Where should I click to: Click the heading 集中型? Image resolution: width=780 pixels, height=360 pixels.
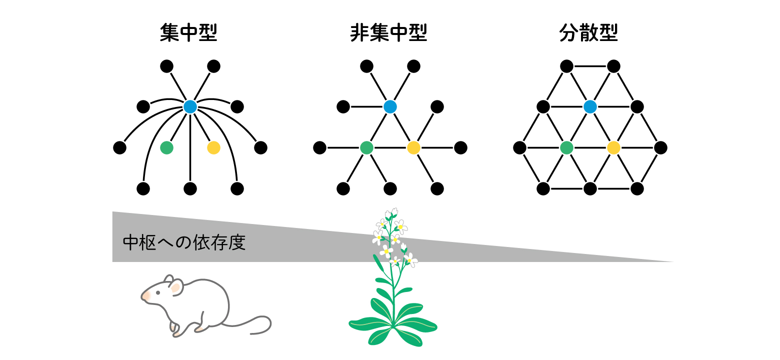(x=188, y=33)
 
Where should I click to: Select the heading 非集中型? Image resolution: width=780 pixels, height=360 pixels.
(x=388, y=33)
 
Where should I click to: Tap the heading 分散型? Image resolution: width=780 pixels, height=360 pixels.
(x=588, y=33)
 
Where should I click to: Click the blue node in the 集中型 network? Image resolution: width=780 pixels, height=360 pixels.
(x=190, y=106)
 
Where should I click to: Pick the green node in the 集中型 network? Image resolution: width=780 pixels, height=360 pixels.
(x=166, y=147)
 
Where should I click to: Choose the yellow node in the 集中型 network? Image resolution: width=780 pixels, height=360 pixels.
(x=213, y=147)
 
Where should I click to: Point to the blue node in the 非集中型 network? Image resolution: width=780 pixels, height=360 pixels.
(x=390, y=106)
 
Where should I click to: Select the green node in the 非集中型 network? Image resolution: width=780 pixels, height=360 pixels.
(x=366, y=147)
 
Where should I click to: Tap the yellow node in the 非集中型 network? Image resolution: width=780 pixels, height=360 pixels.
(x=413, y=147)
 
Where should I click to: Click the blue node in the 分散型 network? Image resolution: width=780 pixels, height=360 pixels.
(x=590, y=106)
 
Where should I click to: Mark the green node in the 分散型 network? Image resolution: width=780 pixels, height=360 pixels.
(x=566, y=147)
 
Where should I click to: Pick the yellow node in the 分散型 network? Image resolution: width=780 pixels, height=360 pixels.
(x=613, y=147)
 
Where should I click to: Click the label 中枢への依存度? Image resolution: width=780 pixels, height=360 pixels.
(x=184, y=242)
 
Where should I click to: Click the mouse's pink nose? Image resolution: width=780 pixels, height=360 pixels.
(x=145, y=296)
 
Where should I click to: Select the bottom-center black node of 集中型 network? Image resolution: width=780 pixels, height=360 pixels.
(x=190, y=188)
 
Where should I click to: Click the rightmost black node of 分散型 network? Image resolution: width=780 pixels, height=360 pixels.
(x=660, y=147)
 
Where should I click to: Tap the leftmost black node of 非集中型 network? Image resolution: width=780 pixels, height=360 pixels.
(x=319, y=147)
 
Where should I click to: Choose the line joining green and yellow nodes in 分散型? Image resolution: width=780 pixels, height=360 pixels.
(x=590, y=147)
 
